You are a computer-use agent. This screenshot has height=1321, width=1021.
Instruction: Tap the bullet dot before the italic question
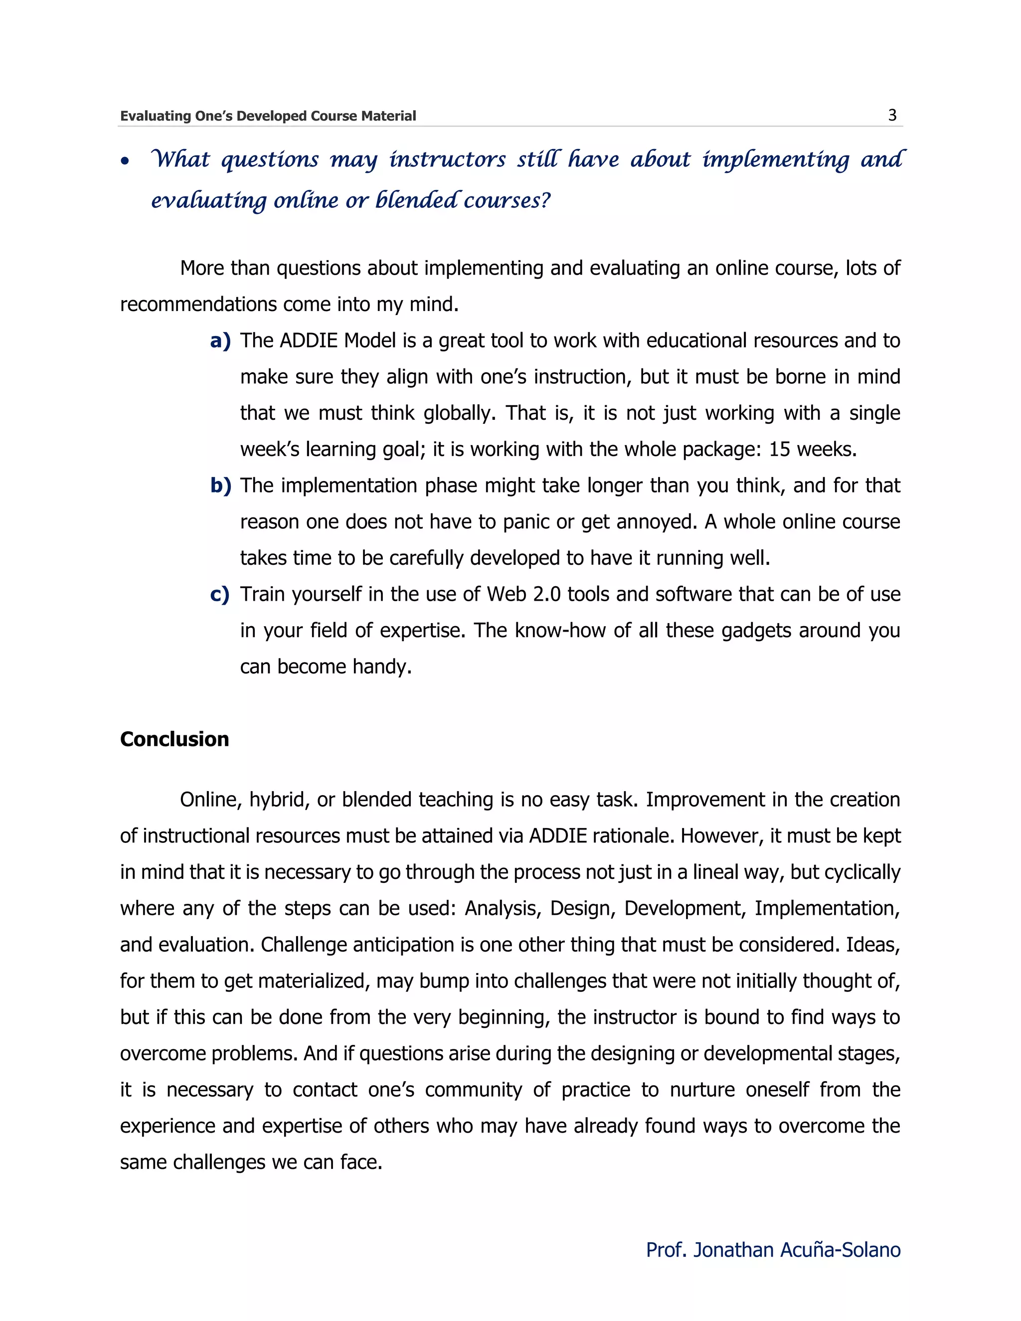click(x=125, y=162)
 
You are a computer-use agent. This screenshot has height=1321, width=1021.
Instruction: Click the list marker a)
click(x=220, y=341)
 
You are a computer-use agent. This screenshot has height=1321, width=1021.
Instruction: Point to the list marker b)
click(x=221, y=486)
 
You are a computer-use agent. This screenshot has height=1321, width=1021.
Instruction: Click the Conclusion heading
click(x=174, y=739)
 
